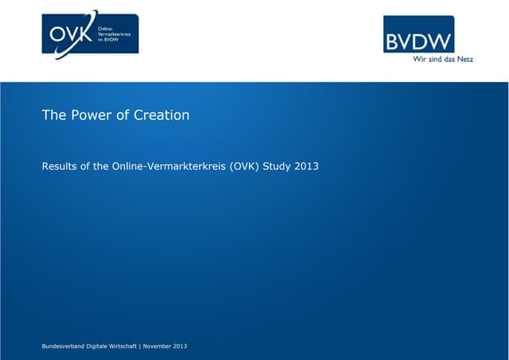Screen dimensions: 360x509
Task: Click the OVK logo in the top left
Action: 90,33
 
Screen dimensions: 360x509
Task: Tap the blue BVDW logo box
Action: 418,34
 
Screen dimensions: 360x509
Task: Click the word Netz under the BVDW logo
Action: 464,60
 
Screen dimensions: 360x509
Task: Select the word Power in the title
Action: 91,115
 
